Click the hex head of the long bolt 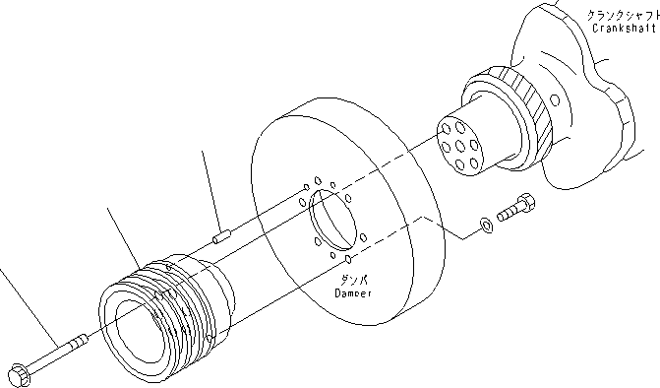click(x=18, y=373)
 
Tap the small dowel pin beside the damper click(x=220, y=235)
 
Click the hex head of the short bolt click(x=529, y=204)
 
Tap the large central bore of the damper click(x=331, y=222)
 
